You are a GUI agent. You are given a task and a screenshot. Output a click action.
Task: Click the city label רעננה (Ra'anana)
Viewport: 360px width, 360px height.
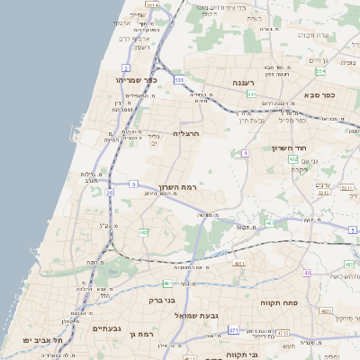click(244, 83)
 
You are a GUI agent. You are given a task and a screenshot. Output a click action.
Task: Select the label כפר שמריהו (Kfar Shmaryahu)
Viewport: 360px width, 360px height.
click(137, 80)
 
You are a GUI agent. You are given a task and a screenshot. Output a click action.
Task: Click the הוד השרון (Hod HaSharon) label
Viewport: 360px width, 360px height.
click(290, 148)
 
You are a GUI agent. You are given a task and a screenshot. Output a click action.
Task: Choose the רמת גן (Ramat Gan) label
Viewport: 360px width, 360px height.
click(143, 334)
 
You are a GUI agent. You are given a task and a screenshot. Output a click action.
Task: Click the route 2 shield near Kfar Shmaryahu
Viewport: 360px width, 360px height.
click(126, 67)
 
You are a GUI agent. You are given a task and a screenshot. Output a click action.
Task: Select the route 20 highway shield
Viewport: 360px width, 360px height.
click(109, 193)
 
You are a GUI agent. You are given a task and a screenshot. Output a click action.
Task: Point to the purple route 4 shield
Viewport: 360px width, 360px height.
click(244, 154)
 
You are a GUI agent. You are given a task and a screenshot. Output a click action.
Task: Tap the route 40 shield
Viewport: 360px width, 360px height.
click(307, 273)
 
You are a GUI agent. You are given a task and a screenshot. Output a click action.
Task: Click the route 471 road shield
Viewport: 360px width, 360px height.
click(233, 330)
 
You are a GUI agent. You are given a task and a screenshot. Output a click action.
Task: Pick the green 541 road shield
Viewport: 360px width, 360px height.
click(252, 94)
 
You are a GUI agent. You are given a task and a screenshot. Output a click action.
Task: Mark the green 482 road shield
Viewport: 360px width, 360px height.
click(143, 232)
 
